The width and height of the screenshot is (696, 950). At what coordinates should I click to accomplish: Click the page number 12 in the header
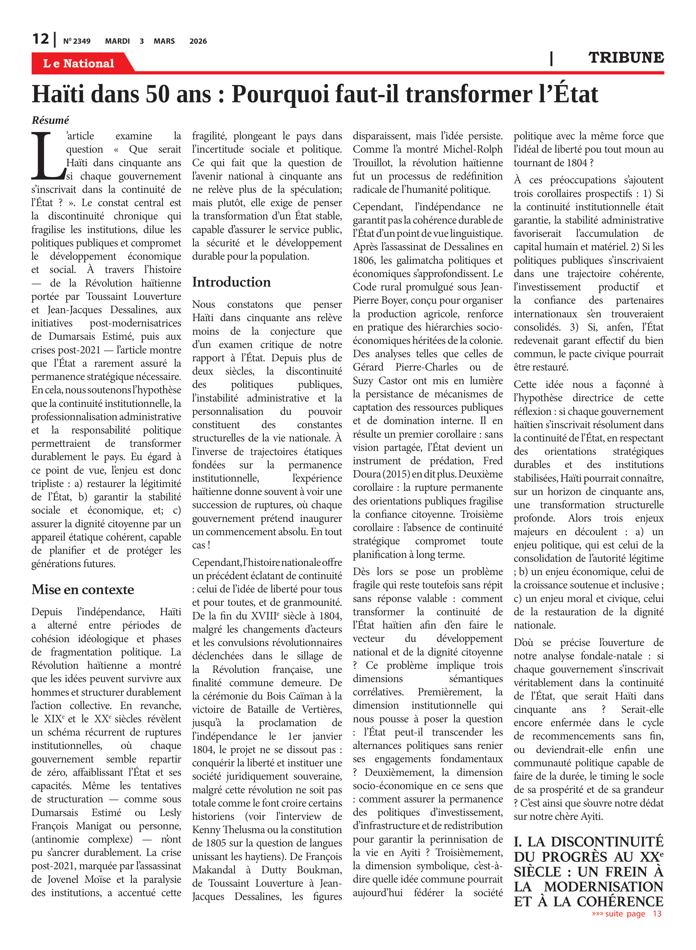click(x=40, y=39)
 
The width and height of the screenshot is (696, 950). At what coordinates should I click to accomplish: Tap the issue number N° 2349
click(x=77, y=41)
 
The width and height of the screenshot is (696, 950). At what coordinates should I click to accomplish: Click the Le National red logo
click(x=78, y=63)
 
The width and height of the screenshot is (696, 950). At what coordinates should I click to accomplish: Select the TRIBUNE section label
click(x=626, y=58)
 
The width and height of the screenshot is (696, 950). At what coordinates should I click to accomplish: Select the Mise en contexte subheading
click(x=83, y=590)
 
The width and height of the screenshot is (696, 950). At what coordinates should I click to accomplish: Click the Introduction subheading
click(x=231, y=282)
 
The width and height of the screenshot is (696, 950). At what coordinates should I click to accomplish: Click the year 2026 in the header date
click(x=198, y=41)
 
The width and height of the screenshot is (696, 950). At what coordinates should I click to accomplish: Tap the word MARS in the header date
click(x=164, y=41)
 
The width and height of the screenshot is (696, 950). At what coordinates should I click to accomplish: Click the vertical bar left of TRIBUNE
click(x=551, y=58)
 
